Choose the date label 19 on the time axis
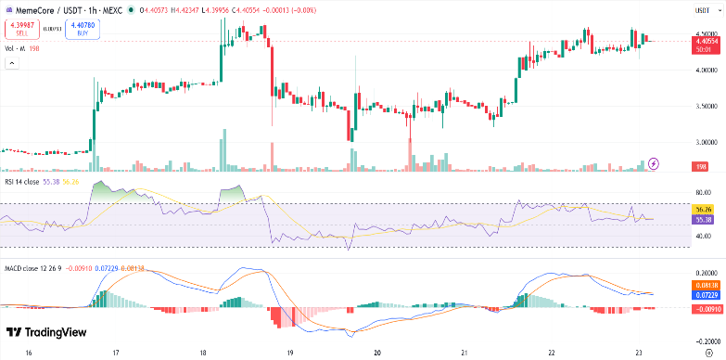click(x=290, y=354)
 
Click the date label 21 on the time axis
click(x=464, y=354)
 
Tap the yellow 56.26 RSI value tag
click(x=702, y=210)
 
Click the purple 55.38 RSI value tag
click(x=702, y=219)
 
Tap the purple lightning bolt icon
click(x=654, y=163)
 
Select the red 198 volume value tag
click(x=701, y=166)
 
